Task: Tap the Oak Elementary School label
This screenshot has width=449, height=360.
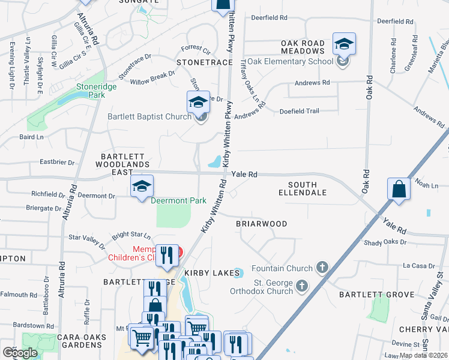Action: coord(290,61)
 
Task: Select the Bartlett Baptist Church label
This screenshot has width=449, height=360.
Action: coord(150,116)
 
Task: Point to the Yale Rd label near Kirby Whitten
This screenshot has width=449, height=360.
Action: coord(245,174)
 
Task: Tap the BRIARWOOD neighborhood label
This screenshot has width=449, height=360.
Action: coord(261,224)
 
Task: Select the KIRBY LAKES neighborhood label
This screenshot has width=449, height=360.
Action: coord(208,273)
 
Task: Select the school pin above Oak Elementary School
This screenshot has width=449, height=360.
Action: coord(344,44)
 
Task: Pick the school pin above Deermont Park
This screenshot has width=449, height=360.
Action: coord(142,187)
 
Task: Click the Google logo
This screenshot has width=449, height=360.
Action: coord(20,352)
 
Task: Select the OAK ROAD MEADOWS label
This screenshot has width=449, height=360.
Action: coord(303,47)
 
